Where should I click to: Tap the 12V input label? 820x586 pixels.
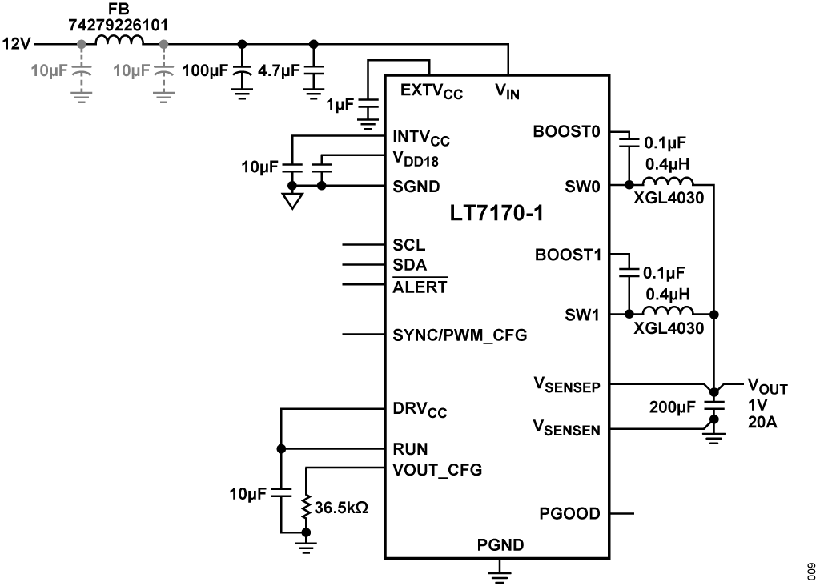click(x=18, y=43)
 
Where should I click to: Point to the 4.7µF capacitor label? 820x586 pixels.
click(x=279, y=71)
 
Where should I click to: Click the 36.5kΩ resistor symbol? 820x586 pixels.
click(x=305, y=507)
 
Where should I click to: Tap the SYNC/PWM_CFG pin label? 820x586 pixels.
click(x=460, y=334)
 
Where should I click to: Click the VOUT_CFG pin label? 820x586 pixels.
click(x=437, y=469)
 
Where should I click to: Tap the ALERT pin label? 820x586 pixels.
click(x=420, y=287)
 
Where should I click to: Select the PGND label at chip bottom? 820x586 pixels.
click(x=500, y=545)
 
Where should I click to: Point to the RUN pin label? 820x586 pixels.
click(x=410, y=448)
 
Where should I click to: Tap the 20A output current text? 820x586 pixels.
click(x=762, y=423)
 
